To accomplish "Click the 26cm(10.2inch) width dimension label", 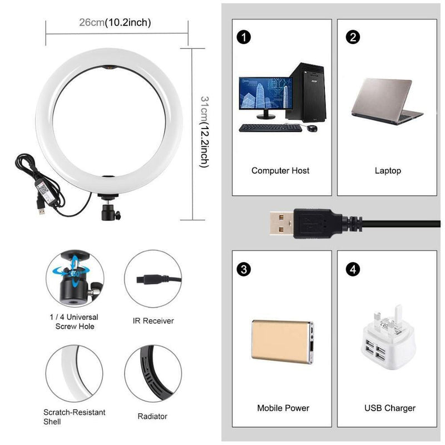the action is [115, 22].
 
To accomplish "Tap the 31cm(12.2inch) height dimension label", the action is [205, 132].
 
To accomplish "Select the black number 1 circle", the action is [244, 37].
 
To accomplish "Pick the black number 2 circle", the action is [353, 37].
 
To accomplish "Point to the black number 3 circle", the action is [244, 269].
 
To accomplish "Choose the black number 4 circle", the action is [353, 269].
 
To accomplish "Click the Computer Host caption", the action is [280, 171].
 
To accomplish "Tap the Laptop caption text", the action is [388, 171].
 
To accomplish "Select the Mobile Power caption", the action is [283, 408].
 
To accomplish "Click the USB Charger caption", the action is [390, 408].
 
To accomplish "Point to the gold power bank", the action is [283, 342].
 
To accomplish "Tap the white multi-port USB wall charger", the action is [387, 338].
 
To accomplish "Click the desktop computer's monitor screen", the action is [266, 93].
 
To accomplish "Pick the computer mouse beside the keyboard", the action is [312, 128].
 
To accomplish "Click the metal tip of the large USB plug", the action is [281, 223].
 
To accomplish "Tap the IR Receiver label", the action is [154, 321].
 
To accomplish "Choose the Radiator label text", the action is [152, 416].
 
